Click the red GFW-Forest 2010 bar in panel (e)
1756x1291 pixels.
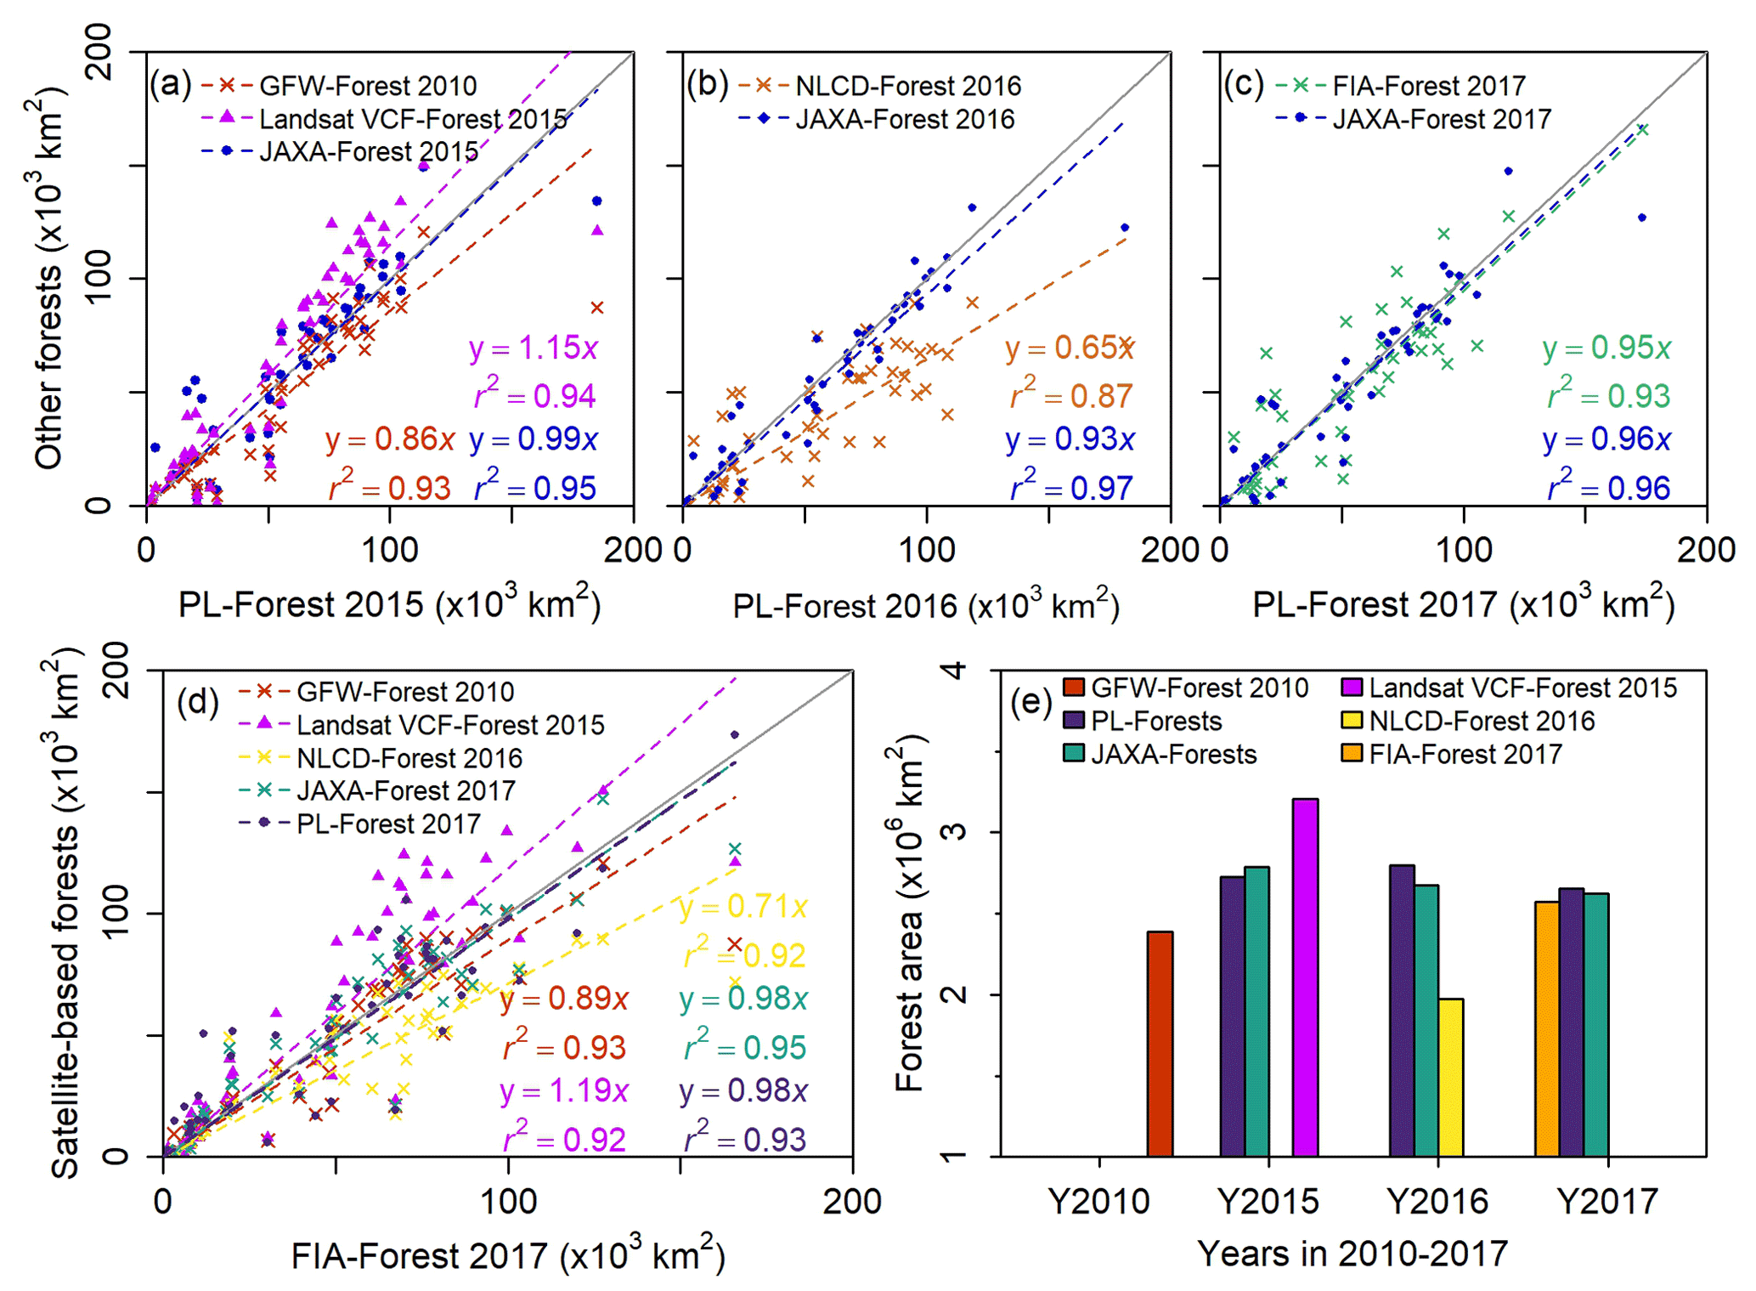pyautogui.click(x=1160, y=1044)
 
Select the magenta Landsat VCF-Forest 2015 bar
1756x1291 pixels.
pyautogui.click(x=1305, y=977)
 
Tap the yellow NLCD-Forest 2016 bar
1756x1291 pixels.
pyautogui.click(x=1450, y=1077)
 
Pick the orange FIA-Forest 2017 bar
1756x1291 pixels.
pyautogui.click(x=1547, y=1028)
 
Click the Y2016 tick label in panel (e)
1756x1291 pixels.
pyautogui.click(x=1437, y=1201)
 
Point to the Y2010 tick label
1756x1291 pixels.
pyautogui.click(x=1098, y=1201)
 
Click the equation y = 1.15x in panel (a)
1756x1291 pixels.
pyautogui.click(x=533, y=348)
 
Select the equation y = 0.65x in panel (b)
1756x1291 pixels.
pyautogui.click(x=1070, y=348)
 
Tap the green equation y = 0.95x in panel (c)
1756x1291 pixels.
pyautogui.click(x=1606, y=348)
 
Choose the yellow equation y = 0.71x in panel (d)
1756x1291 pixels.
pyautogui.click(x=743, y=907)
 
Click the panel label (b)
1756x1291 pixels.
pyautogui.click(x=707, y=84)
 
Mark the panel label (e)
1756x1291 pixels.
pyautogui.click(x=1031, y=703)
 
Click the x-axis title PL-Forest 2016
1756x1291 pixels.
pyautogui.click(x=926, y=605)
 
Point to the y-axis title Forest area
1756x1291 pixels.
pyautogui.click(x=910, y=913)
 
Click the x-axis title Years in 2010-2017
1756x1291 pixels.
pyautogui.click(x=1352, y=1254)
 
